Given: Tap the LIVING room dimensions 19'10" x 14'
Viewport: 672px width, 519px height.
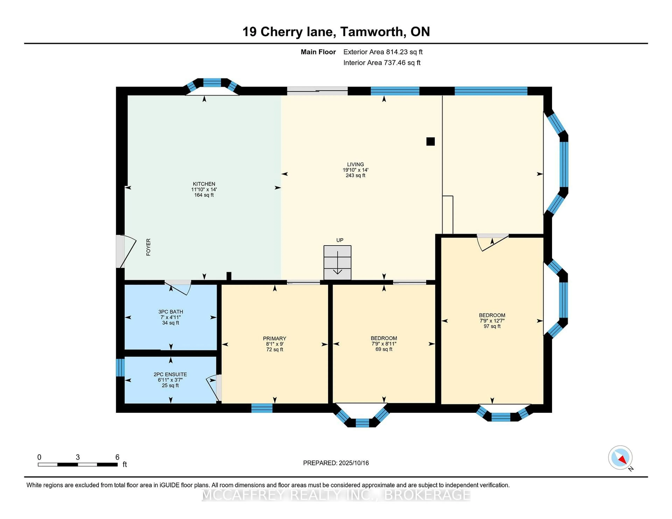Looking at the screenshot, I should click(x=355, y=170).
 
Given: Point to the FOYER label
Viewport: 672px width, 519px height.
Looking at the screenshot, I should click(x=148, y=247).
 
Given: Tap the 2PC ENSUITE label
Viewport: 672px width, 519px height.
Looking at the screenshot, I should click(x=170, y=374).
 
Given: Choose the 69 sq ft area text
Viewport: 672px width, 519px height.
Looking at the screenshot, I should click(x=384, y=349).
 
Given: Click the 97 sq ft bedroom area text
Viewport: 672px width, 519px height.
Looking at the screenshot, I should click(x=492, y=326).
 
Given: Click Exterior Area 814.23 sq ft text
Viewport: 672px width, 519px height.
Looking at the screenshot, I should click(x=383, y=52).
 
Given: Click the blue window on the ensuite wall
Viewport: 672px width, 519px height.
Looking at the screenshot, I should click(x=120, y=367).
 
